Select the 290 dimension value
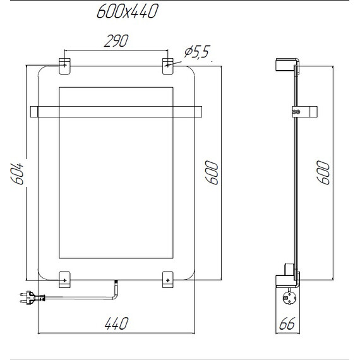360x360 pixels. [x=116, y=41]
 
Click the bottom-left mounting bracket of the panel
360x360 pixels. [x=64, y=278]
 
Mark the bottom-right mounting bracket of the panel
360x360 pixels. [x=167, y=278]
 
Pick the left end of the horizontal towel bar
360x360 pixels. [x=35, y=112]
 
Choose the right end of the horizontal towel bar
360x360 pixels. [x=198, y=112]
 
